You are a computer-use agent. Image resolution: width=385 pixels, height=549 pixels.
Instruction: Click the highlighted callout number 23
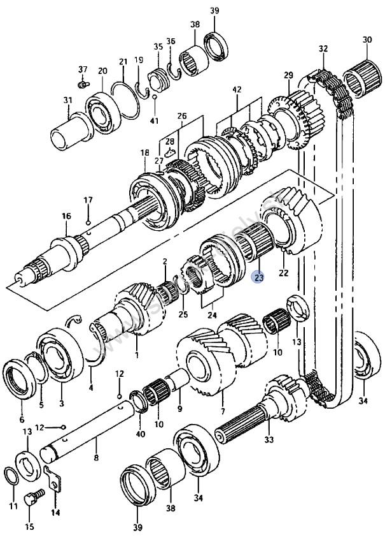pos(258,277)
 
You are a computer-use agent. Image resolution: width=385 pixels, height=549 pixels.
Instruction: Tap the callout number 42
pos(237,90)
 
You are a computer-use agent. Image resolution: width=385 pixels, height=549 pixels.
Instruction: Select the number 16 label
pos(66,217)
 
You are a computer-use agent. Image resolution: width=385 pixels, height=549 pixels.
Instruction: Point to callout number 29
pos(288,75)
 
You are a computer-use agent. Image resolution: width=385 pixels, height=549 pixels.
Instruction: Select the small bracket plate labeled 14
pos(56,479)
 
